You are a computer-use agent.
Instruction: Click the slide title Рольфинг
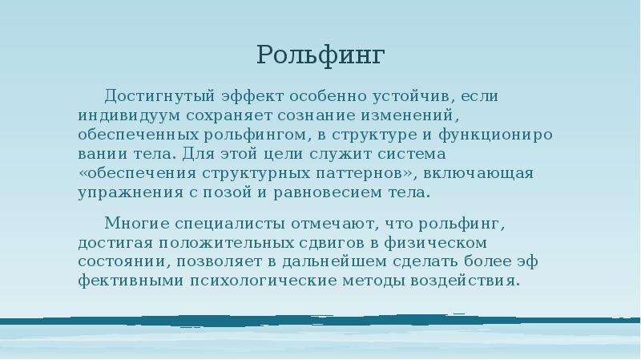coord(320,55)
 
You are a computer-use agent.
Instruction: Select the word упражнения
coord(123,192)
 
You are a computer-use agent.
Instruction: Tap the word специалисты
coord(228,222)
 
